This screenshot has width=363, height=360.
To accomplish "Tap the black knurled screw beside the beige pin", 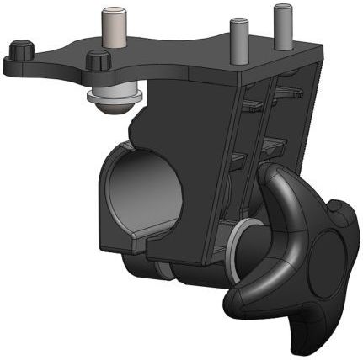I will point(99,61).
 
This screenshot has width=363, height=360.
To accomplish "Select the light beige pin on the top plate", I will point(112,27).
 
